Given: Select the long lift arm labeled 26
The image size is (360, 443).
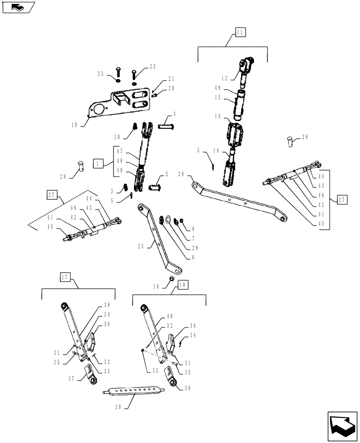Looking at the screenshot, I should pos(239,198).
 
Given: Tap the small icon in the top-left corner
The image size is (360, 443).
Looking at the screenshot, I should pos(17,7).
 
